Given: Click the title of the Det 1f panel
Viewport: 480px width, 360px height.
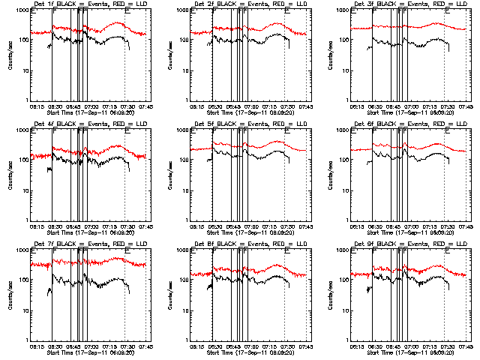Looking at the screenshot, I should point(91,4).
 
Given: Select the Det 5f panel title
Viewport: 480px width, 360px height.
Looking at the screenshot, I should point(250,124).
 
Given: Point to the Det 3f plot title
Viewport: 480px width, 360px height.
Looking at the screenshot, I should point(410,4).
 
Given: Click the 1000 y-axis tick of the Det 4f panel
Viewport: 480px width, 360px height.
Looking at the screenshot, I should point(23,130).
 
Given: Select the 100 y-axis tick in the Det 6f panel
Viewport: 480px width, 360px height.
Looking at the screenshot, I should point(344,160).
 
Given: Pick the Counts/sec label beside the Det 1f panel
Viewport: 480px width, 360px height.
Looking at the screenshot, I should point(10,53).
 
